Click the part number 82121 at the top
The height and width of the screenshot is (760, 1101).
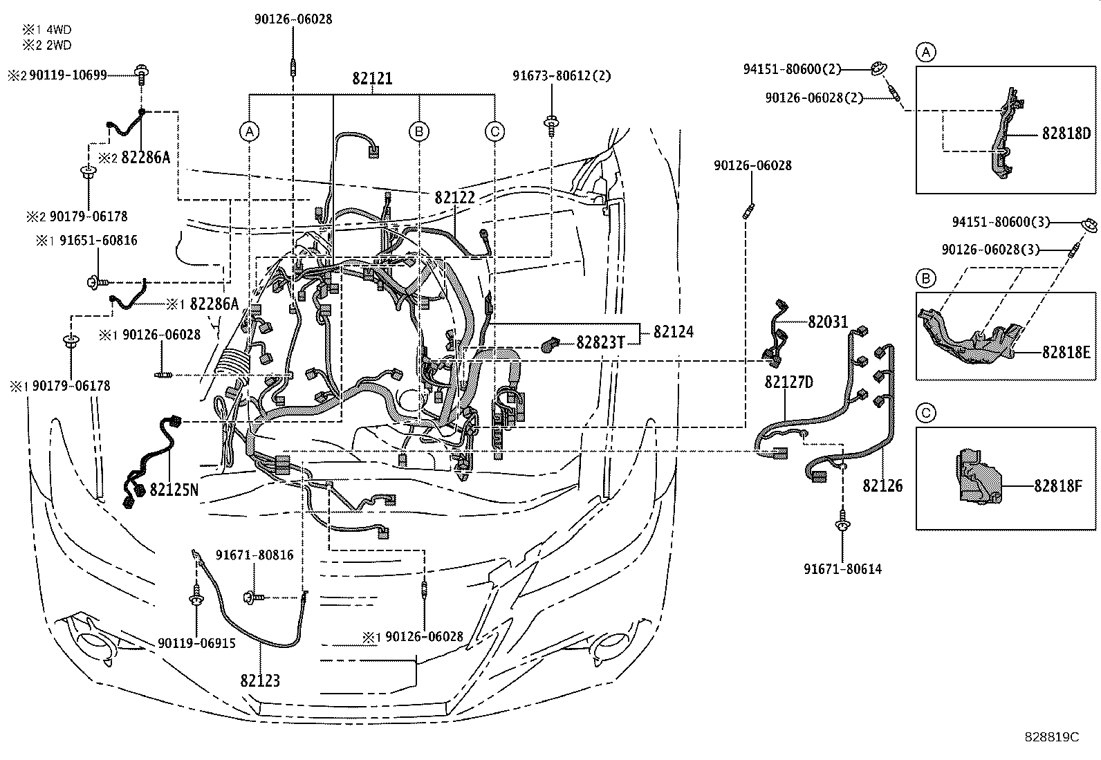coord(372,79)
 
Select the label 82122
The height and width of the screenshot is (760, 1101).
coord(454,198)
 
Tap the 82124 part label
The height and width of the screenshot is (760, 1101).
coord(673,332)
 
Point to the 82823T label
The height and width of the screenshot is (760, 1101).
coord(600,342)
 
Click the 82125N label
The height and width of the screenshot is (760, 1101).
coord(174,490)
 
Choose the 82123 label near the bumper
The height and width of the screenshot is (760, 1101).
coord(260,680)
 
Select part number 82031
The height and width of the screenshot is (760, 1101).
coord(828,322)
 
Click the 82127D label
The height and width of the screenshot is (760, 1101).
coord(788,382)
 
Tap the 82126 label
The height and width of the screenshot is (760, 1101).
coord(882,486)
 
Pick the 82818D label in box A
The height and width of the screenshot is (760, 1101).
coord(1066,133)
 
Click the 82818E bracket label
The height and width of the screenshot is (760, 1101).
coord(1066,352)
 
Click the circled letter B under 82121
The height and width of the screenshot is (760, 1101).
coord(418,131)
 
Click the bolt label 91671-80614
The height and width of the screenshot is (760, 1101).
coord(842,570)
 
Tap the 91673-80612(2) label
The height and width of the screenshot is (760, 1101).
coord(562,76)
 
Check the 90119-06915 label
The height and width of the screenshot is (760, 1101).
coord(196,643)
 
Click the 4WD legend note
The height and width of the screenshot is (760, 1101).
coord(46,30)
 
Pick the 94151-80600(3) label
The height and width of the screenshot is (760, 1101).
coord(1001,222)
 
